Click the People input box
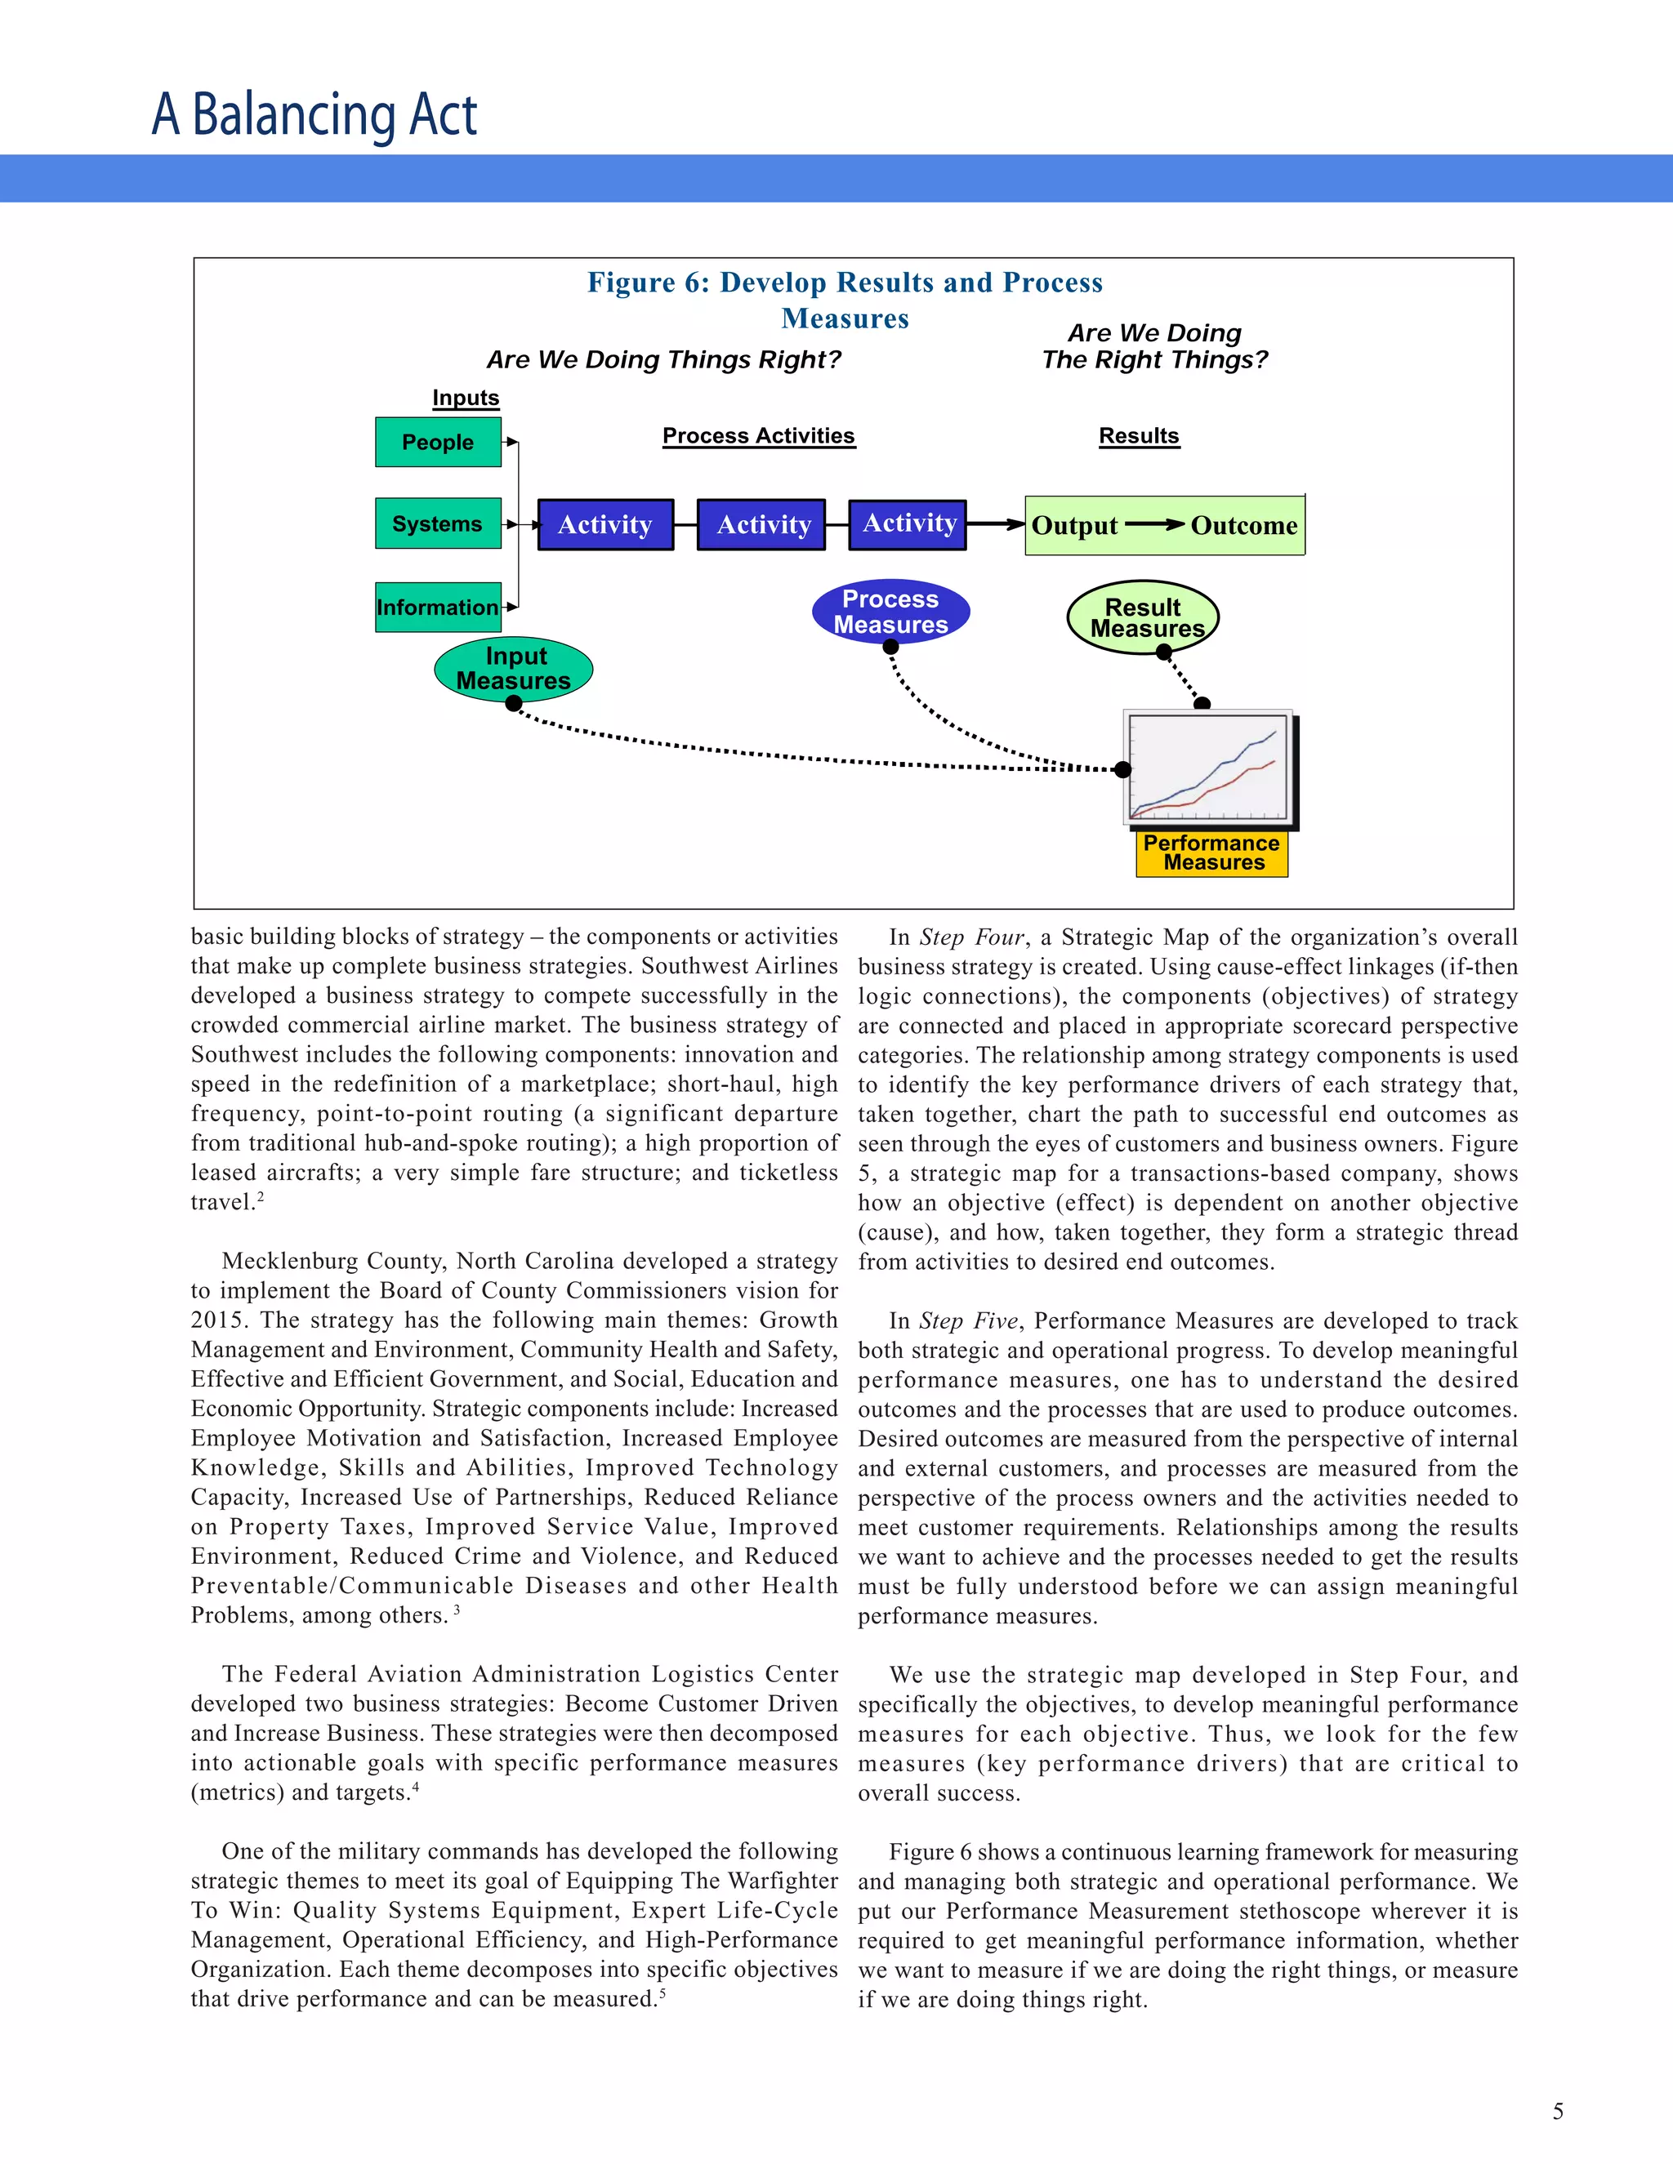(x=438, y=442)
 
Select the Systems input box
(x=438, y=523)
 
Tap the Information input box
(x=438, y=608)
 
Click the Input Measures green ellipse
(x=513, y=669)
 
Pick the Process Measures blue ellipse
(x=890, y=612)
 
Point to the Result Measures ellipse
(x=1143, y=617)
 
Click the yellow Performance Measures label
(x=1211, y=853)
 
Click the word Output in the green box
(x=1074, y=525)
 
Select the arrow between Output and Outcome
(x=1154, y=524)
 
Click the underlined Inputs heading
(x=466, y=398)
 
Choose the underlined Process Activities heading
(x=758, y=436)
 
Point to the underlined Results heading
(x=1139, y=436)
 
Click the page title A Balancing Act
(x=315, y=114)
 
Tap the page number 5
(x=1557, y=2112)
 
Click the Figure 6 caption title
(x=845, y=299)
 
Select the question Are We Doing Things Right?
(x=663, y=359)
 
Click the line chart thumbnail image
(x=1208, y=767)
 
